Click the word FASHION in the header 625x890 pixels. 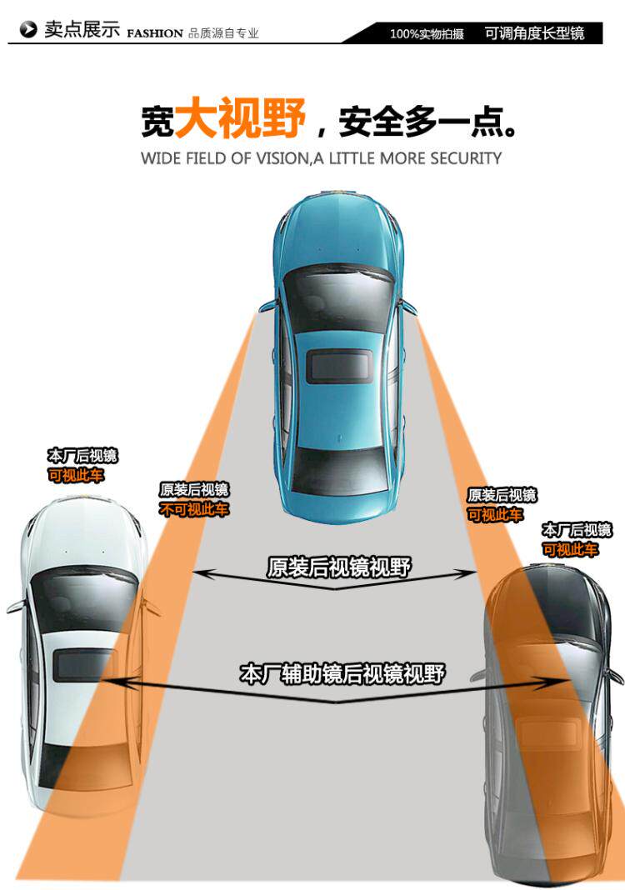click(x=154, y=33)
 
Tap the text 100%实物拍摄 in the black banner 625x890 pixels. click(x=427, y=34)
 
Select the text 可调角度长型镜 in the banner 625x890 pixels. click(x=534, y=33)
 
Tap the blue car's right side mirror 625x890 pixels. click(x=408, y=306)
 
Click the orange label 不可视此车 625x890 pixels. click(x=193, y=509)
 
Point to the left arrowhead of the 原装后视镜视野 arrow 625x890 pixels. click(x=198, y=573)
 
